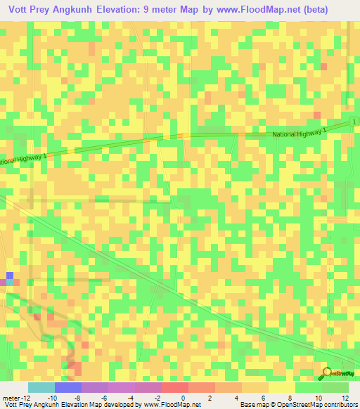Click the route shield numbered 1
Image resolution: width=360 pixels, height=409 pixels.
coord(355,122)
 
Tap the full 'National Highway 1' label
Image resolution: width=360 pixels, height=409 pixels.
coord(300,132)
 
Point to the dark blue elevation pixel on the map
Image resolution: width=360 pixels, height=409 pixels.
coord(9,275)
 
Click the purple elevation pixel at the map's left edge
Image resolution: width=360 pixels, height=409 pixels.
coord(3,282)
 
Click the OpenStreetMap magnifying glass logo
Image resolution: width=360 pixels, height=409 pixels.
coord(327,372)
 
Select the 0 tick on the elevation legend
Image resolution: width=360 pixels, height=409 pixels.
coord(182,397)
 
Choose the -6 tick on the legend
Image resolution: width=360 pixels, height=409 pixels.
coord(103,397)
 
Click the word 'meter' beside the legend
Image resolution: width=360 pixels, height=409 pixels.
coord(10,397)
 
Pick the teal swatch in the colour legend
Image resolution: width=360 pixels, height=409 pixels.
coord(41,387)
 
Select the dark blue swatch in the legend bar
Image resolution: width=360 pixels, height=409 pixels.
coord(68,387)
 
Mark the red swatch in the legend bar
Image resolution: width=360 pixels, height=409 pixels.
coord(175,387)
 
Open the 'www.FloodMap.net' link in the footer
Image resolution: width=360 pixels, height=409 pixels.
coord(169,405)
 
